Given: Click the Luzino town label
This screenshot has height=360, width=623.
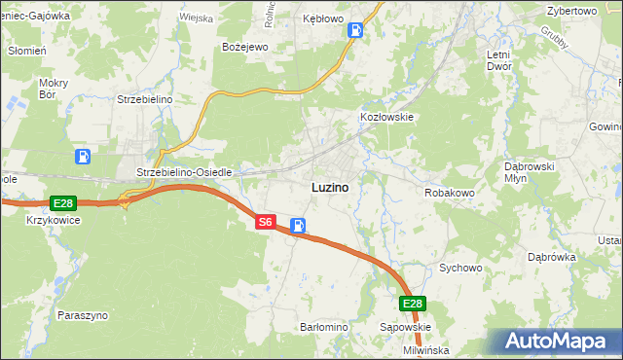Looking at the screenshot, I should pyautogui.click(x=330, y=186).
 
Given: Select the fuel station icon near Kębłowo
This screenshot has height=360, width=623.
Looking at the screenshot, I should pyautogui.click(x=356, y=30).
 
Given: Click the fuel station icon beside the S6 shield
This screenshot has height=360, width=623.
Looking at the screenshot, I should pyautogui.click(x=298, y=226).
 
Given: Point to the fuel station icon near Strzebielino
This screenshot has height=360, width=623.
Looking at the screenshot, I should pyautogui.click(x=85, y=156).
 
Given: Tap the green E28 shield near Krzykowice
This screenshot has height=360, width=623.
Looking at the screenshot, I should pyautogui.click(x=62, y=202).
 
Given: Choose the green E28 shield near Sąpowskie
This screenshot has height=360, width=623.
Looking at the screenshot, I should pyautogui.click(x=413, y=304).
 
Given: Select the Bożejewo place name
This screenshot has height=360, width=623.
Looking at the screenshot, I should pyautogui.click(x=244, y=46).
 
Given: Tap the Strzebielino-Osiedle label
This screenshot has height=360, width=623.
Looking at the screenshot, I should pyautogui.click(x=184, y=172).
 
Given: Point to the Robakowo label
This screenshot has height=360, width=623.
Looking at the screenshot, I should pyautogui.click(x=449, y=193).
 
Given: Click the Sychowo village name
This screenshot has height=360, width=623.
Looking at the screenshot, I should pyautogui.click(x=460, y=267).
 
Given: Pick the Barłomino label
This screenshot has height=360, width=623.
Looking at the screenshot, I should pyautogui.click(x=324, y=328).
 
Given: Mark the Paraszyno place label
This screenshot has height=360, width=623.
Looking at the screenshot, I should pyautogui.click(x=83, y=315).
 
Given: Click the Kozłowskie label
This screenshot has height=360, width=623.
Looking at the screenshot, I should pyautogui.click(x=387, y=117).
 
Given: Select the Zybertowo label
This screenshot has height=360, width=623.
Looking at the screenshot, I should pyautogui.click(x=571, y=10).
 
